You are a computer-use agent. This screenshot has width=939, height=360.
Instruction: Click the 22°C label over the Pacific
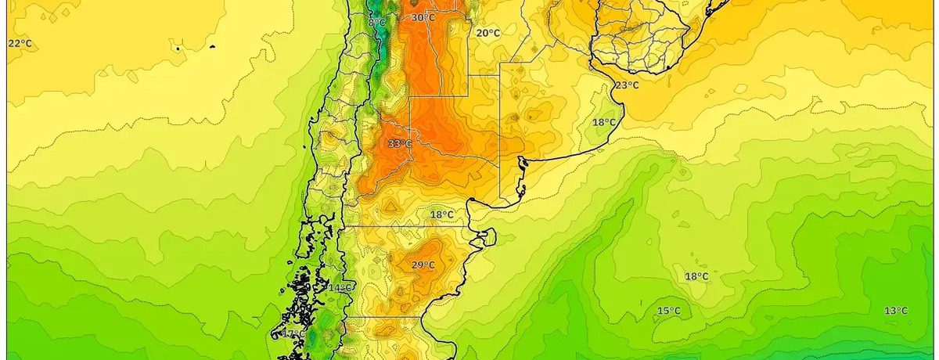20,43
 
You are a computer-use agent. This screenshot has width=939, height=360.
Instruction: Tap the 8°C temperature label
377,23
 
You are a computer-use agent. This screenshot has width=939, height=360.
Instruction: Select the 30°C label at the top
423,17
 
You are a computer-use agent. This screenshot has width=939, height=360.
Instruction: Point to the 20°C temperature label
488,33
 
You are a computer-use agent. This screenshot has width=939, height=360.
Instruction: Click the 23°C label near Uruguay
626,85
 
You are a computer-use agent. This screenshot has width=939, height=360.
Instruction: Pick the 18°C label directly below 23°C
603,122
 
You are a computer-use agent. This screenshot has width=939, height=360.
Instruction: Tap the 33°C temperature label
399,143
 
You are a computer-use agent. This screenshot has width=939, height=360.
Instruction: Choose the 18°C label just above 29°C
441,214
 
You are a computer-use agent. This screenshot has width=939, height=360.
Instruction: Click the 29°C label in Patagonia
423,265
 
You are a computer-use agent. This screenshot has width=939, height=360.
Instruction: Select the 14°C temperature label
339,288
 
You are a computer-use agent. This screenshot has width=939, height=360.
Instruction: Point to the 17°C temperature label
293,334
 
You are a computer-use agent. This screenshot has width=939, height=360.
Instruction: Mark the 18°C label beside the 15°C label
696,276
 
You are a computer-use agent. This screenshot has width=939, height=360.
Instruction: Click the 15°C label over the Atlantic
668,311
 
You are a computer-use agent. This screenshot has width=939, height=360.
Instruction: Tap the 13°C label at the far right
896,311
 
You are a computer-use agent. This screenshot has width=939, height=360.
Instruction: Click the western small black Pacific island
179,49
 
